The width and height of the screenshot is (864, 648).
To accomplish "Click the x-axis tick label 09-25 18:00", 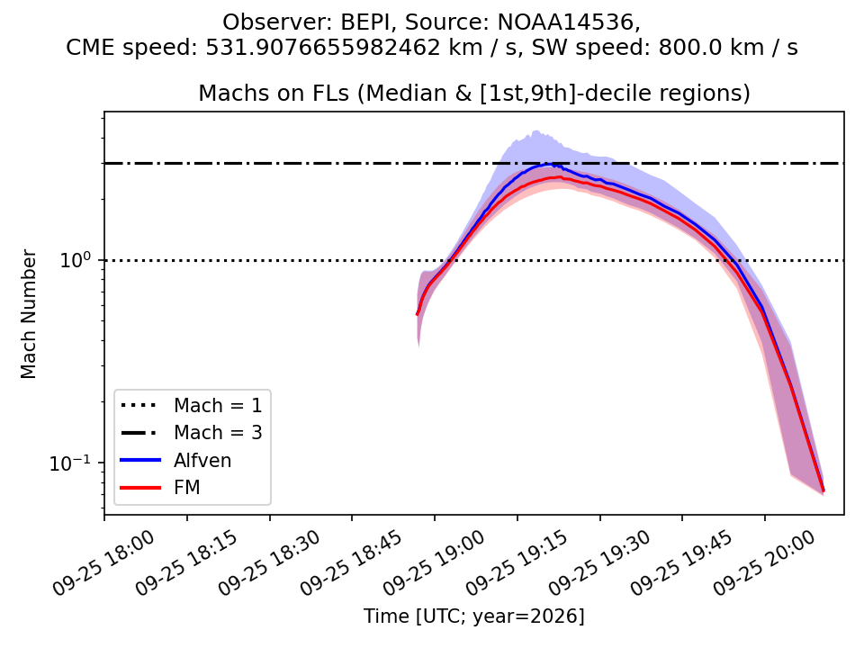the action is [x=103, y=563].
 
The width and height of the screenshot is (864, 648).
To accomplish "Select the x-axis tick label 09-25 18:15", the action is [x=186, y=563].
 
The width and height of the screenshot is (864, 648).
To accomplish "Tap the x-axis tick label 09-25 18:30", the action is [x=269, y=563].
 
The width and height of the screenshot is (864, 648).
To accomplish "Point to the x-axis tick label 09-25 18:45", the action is [x=352, y=563].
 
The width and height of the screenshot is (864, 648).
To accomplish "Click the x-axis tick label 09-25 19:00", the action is [x=434, y=563].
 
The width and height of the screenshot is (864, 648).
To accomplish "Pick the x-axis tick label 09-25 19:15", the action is [x=517, y=563].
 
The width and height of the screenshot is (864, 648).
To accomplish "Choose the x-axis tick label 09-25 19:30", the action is [x=599, y=563].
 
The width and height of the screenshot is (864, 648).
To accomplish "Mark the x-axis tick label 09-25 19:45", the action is [x=681, y=563].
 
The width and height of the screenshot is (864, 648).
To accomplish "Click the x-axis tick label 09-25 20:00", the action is [x=764, y=563].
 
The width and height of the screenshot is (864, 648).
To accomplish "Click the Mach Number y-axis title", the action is [x=29, y=314].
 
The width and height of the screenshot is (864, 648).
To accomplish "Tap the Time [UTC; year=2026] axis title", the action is [x=474, y=616].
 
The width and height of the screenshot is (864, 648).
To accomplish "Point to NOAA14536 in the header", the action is [x=566, y=22].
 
